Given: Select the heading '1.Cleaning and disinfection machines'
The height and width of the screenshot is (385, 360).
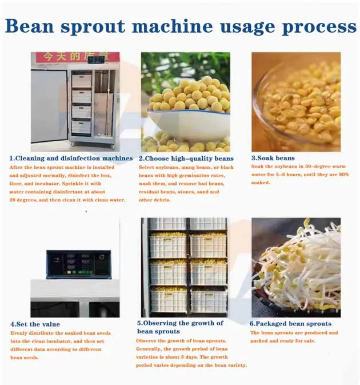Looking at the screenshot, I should pos(71,158).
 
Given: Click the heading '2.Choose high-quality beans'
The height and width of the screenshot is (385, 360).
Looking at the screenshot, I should pos(186,158).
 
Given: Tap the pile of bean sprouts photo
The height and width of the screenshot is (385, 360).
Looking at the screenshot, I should pos(296,267).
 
